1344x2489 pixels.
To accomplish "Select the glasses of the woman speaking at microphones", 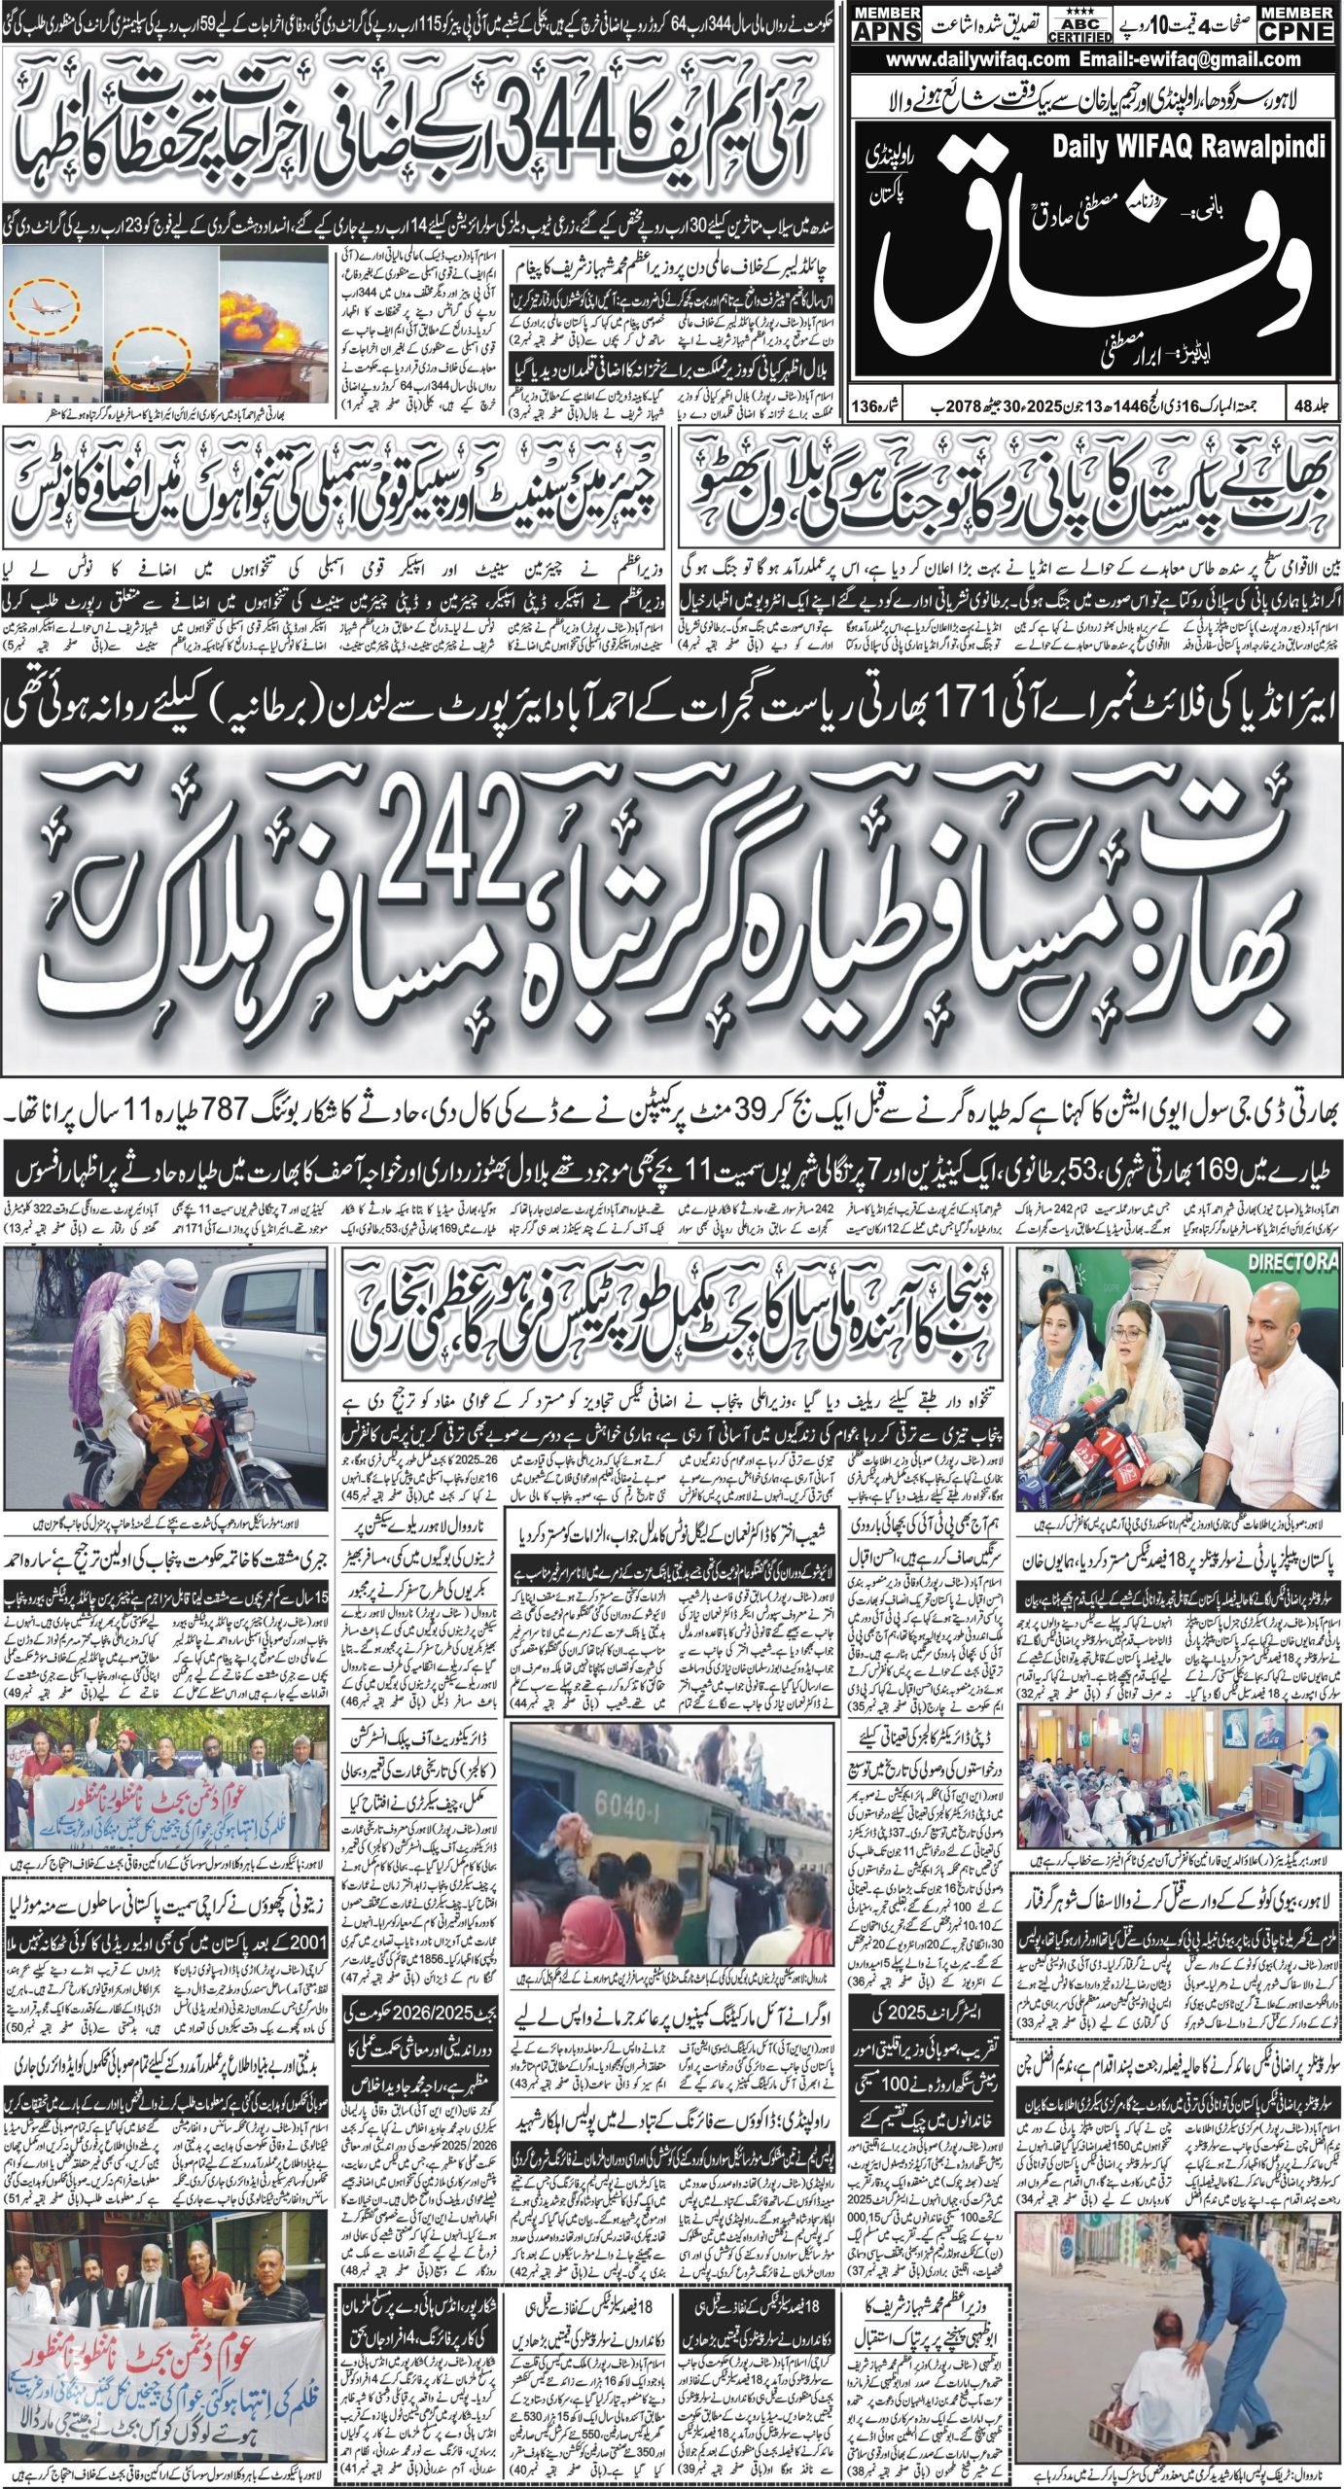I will pyautogui.click(x=1145, y=1328).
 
